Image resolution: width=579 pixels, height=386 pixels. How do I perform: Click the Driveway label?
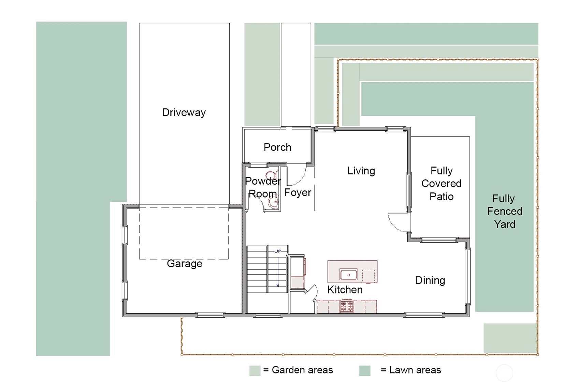[184, 113]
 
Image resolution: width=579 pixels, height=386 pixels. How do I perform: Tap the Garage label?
[184, 264]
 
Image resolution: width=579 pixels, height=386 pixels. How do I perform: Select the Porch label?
[277, 147]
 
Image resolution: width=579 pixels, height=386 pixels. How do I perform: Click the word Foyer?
[298, 192]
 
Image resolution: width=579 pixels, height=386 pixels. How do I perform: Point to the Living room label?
[361, 171]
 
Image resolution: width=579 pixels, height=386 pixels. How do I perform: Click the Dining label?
[430, 280]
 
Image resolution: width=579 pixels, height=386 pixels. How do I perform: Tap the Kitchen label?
[345, 289]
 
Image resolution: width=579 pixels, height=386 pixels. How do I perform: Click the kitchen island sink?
[349, 275]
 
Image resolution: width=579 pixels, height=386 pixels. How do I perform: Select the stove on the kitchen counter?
[347, 306]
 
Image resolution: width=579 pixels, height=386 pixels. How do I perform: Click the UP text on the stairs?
[278, 251]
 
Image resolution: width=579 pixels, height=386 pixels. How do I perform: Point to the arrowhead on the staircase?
[278, 285]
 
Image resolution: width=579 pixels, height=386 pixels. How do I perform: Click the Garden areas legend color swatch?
[255, 371]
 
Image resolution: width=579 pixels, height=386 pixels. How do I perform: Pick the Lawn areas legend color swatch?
[365, 371]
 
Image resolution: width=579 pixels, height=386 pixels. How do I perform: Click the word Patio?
[442, 197]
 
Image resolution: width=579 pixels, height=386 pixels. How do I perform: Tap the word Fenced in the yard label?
[505, 212]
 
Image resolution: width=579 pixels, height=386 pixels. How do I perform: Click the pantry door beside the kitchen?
[312, 292]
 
